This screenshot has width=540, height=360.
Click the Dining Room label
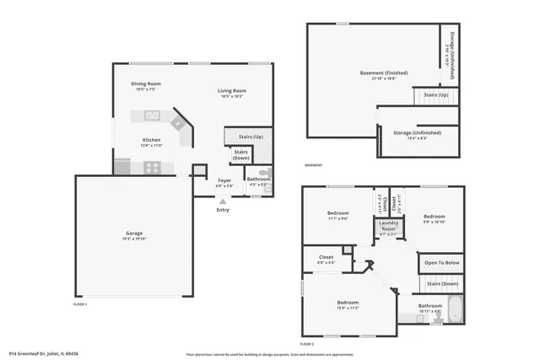click(145, 85)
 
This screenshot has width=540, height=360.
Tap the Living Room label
click(232, 91)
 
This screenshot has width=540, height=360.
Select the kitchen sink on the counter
click(152, 116)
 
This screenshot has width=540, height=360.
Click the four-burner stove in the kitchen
click(152, 167)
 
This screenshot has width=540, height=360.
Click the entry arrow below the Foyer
click(223, 201)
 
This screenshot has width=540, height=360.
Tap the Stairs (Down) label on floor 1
click(241, 154)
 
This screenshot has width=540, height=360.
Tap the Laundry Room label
click(388, 226)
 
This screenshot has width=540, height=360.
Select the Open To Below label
click(442, 262)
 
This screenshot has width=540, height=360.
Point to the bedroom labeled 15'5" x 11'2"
click(348, 304)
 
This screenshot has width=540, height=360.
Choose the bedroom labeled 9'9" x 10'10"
click(434, 218)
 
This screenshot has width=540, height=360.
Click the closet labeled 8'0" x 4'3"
click(326, 259)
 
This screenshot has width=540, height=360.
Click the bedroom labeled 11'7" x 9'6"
click(337, 215)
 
